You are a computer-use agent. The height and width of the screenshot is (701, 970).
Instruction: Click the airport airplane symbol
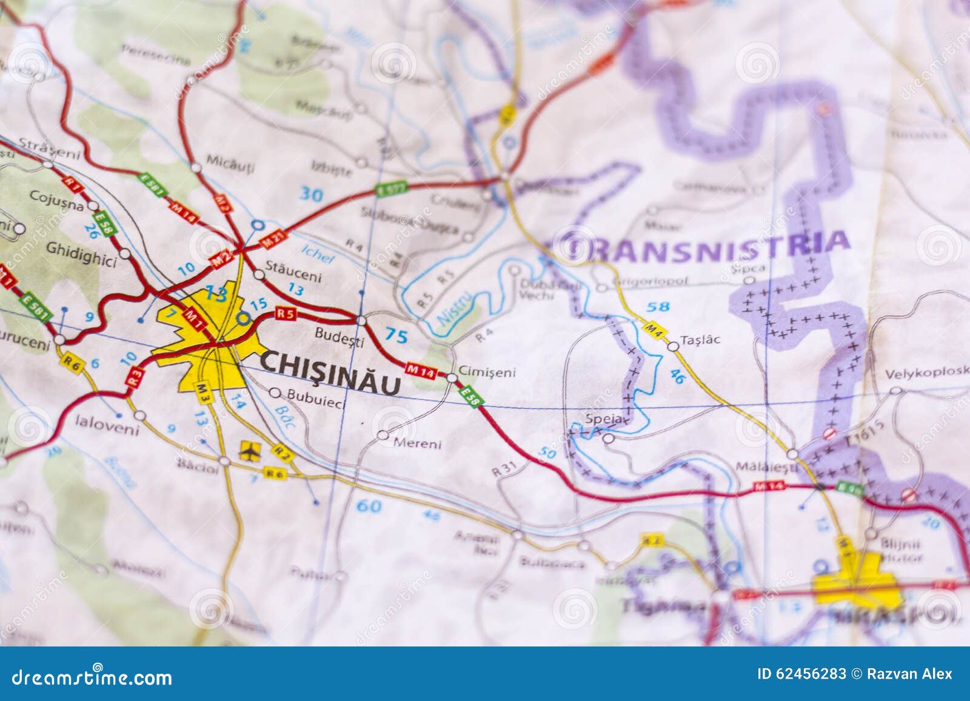tap(248, 450)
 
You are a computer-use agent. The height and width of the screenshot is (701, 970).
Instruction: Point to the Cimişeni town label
tap(487, 371)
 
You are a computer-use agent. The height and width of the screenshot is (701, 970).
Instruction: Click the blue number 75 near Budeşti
tap(396, 336)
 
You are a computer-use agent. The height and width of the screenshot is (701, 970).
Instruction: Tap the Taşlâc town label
tap(700, 339)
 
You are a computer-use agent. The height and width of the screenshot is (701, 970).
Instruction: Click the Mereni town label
tap(417, 444)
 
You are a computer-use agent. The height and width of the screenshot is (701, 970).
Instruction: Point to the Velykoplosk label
tap(926, 372)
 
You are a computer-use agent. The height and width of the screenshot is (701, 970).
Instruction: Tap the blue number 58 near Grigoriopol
tap(658, 307)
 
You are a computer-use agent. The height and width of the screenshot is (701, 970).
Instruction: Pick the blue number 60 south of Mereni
tap(369, 505)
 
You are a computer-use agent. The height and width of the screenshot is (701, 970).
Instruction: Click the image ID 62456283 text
tap(801, 674)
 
